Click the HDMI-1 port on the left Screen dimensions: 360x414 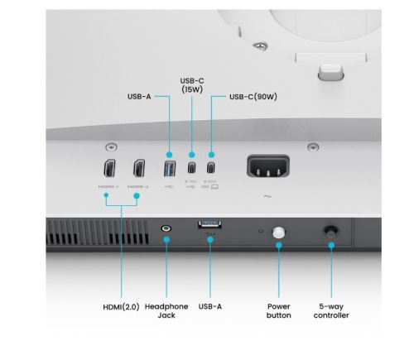(109, 169)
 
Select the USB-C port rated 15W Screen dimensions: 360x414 (192, 168)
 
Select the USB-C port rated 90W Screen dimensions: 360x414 (212, 168)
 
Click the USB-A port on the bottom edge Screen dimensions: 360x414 (210, 224)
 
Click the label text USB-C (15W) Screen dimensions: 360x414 (192, 85)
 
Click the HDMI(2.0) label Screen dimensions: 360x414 (122, 306)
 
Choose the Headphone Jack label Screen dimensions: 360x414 (166, 310)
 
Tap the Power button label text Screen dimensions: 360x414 (278, 310)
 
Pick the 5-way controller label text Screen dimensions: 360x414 (331, 310)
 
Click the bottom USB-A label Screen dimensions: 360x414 (210, 306)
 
